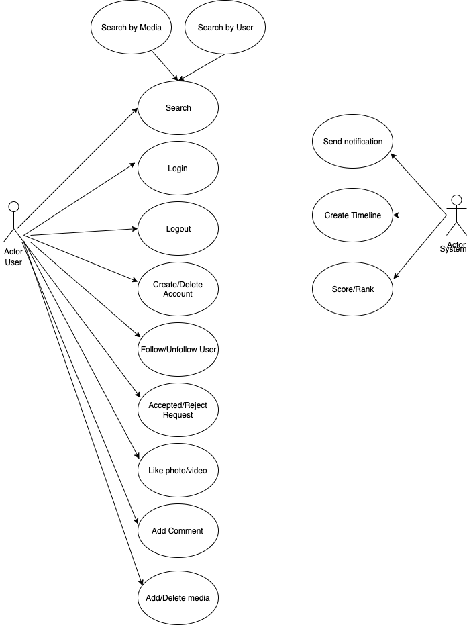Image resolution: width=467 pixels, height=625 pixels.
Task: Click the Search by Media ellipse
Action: pyautogui.click(x=131, y=27)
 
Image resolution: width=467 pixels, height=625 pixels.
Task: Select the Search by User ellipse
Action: pyautogui.click(x=225, y=27)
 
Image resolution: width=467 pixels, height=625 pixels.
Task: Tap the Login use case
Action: pyautogui.click(x=178, y=169)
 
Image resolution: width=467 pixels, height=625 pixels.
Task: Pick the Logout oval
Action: pyautogui.click(x=178, y=229)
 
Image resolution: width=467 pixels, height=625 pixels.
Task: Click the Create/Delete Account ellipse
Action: pyautogui.click(x=178, y=289)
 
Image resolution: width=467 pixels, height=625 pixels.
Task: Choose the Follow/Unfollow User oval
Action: pyautogui.click(x=178, y=350)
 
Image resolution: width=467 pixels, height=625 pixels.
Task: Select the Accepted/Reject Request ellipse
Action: pyautogui.click(x=178, y=410)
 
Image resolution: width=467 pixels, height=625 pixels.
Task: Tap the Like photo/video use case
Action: pyautogui.click(x=178, y=471)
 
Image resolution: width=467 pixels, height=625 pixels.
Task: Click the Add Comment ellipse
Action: pyautogui.click(x=178, y=531)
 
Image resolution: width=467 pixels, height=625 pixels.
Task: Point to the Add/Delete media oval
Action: pyautogui.click(x=178, y=598)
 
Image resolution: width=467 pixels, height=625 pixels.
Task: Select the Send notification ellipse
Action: pyautogui.click(x=353, y=141)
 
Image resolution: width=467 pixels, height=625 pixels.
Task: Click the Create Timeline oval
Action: pyautogui.click(x=353, y=215)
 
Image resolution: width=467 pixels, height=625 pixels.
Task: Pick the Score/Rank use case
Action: pyautogui.click(x=353, y=289)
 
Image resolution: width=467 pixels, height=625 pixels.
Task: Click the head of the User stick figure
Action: pyautogui.click(x=14, y=207)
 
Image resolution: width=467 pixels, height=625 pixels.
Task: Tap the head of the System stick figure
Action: pyautogui.click(x=457, y=200)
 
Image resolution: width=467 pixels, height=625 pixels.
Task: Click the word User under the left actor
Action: pyautogui.click(x=13, y=262)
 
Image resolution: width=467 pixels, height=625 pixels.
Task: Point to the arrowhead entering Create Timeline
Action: pyautogui.click(x=396, y=215)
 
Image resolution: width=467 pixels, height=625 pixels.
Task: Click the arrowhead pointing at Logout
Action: pyautogui.click(x=135, y=229)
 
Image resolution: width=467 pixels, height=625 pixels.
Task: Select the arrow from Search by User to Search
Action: pyautogui.click(x=202, y=67)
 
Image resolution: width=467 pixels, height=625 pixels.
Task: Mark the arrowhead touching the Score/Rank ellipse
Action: pyautogui.click(x=396, y=275)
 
